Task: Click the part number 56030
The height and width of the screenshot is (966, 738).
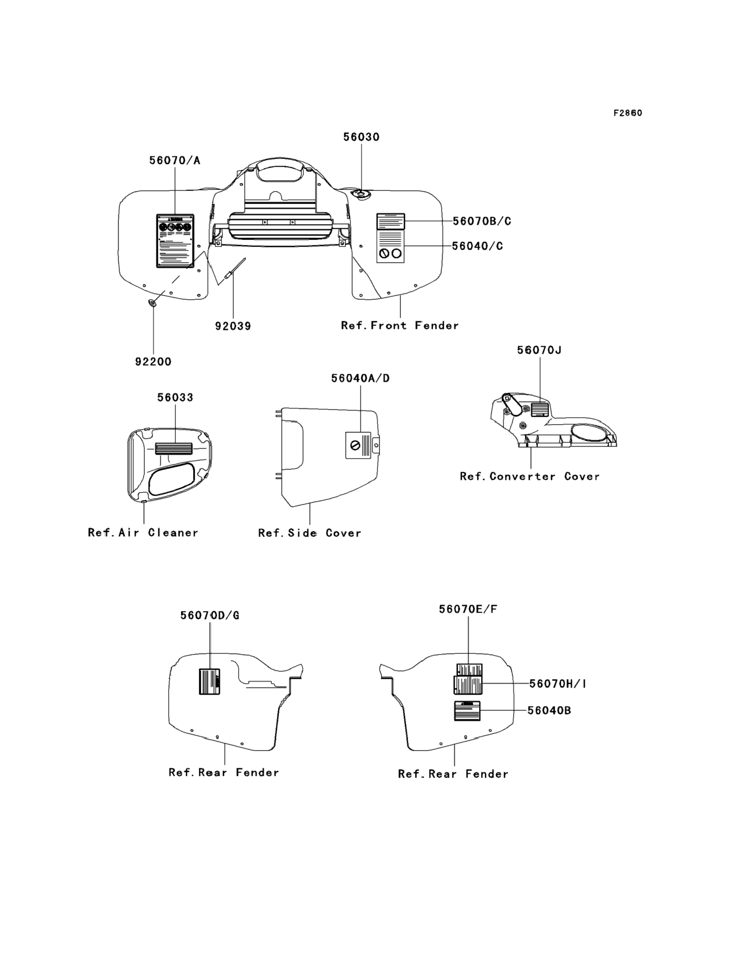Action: click(361, 137)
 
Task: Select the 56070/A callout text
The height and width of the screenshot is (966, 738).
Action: click(174, 160)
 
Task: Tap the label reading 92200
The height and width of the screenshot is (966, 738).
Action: click(153, 362)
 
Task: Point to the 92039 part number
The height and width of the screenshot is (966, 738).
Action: click(233, 326)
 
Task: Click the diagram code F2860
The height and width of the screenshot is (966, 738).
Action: click(628, 113)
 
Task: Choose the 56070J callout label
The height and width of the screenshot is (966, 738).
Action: click(539, 350)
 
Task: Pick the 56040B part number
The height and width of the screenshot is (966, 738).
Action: click(549, 710)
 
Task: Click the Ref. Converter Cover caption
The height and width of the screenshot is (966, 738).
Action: click(529, 476)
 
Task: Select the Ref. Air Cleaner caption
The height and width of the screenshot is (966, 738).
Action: click(143, 532)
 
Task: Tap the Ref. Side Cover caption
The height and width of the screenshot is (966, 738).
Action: click(309, 533)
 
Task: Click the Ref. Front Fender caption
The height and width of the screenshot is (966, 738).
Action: click(400, 326)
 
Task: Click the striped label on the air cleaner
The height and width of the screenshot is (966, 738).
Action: click(174, 448)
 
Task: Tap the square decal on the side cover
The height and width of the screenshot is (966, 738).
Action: click(358, 445)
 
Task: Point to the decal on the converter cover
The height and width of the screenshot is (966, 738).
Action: click(540, 409)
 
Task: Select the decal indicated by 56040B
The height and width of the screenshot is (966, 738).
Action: click(467, 711)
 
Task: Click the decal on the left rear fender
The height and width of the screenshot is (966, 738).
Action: click(209, 681)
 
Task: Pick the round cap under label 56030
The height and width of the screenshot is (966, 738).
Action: click(362, 193)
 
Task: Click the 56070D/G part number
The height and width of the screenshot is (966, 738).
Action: click(209, 615)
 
